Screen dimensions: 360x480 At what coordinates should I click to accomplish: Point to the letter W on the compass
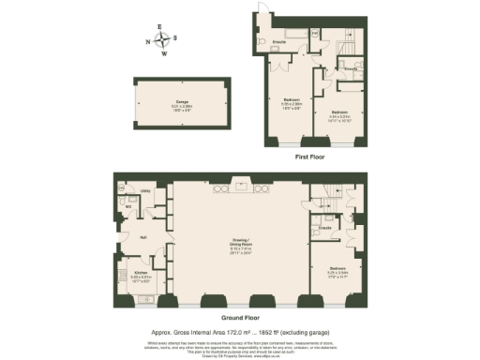[x=165, y=53]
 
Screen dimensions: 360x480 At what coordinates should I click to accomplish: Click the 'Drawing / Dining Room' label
[x=243, y=246]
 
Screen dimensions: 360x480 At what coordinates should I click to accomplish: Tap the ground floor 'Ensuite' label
[x=325, y=228]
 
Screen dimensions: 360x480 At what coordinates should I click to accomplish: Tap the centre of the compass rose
[x=165, y=40]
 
